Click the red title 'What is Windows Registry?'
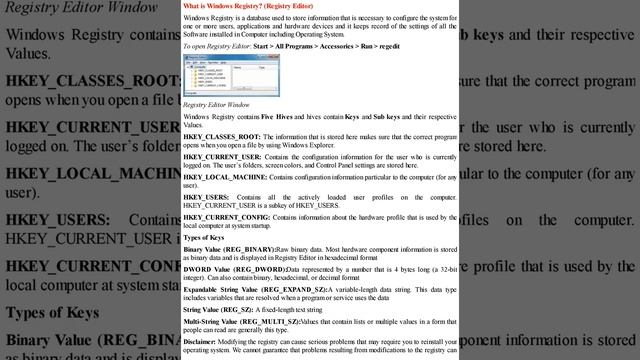pyautogui.click(x=229, y=6)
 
